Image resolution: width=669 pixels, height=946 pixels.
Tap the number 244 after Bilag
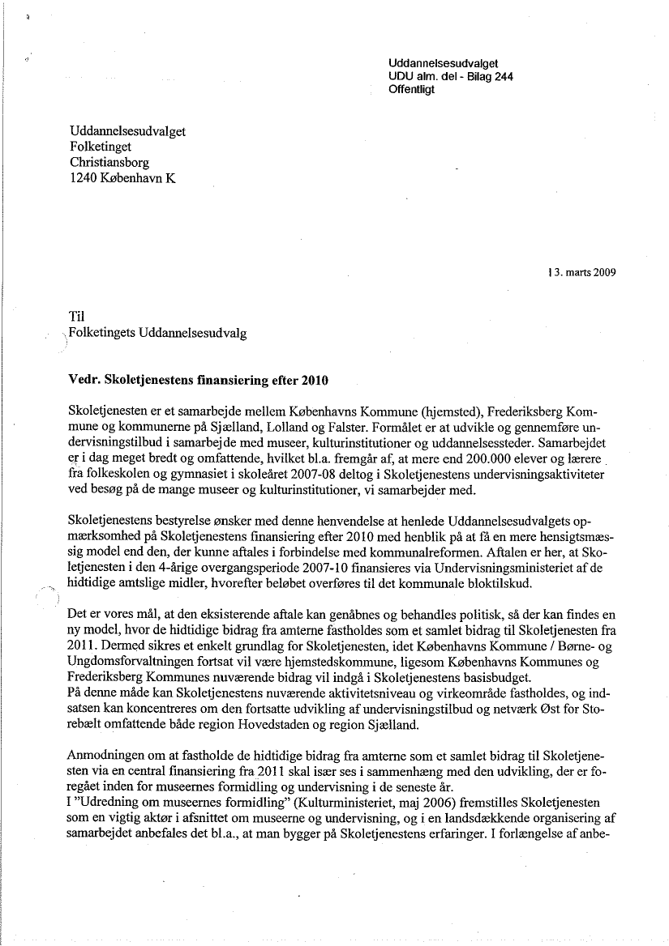pyautogui.click(x=501, y=76)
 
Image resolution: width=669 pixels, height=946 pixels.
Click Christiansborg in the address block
pyautogui.click(x=109, y=163)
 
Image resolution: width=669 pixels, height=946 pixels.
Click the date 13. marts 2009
pyautogui.click(x=581, y=272)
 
